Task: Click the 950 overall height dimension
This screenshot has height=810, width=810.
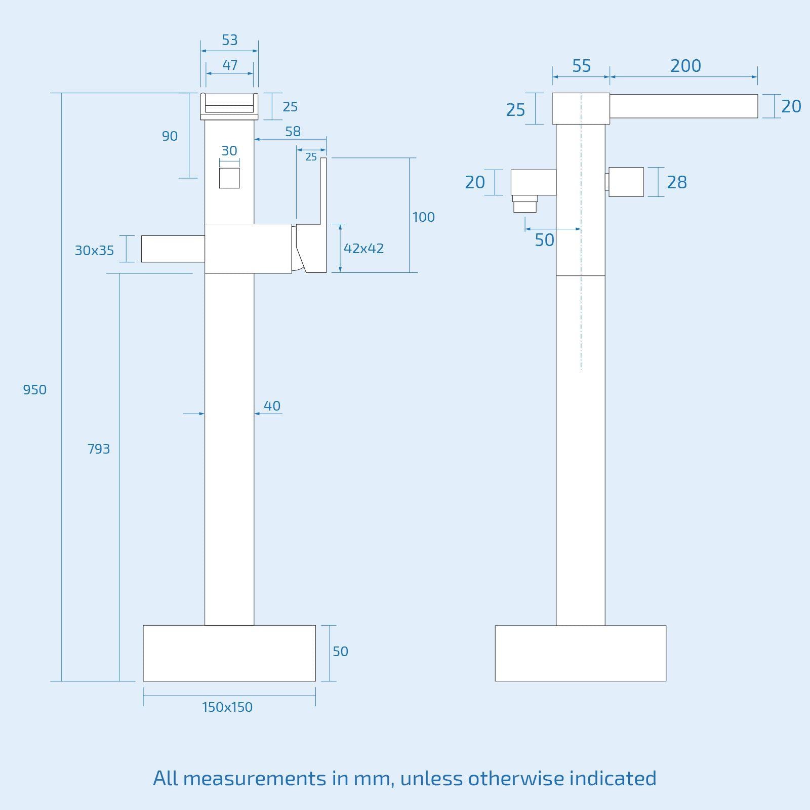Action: coord(34,390)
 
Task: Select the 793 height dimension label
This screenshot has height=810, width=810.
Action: coord(98,449)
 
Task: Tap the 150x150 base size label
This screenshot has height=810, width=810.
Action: coord(227,707)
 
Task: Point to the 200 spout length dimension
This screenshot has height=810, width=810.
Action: coord(685,66)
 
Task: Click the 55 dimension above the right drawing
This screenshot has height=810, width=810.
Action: coord(581,66)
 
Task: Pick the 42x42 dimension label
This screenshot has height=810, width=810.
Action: coord(363,249)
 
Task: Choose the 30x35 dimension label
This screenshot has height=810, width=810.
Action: coord(94,251)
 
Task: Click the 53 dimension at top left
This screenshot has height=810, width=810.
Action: coord(229,40)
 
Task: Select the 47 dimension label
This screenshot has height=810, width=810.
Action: coord(229,65)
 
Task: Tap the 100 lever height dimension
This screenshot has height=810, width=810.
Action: coord(423,217)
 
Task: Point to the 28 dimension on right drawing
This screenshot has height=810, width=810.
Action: coord(676,182)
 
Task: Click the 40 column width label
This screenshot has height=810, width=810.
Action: coord(272,406)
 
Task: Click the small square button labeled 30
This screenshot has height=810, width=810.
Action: coord(229,178)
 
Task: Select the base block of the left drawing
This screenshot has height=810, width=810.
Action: coord(229,653)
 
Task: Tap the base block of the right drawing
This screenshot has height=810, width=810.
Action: coord(580,653)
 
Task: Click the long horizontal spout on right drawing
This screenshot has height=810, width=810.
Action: coord(683,106)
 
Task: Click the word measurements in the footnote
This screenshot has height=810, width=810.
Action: coord(255,778)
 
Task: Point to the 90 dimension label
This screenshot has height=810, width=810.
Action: coord(170,136)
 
